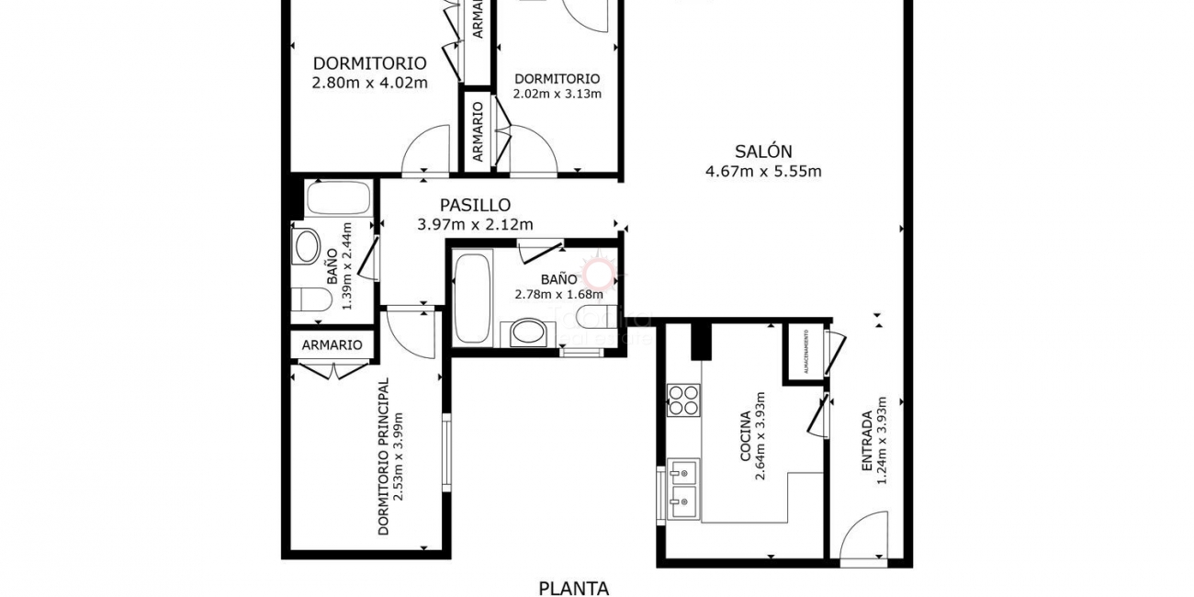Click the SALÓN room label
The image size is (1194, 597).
click(762, 152)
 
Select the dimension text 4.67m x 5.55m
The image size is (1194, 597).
click(762, 171)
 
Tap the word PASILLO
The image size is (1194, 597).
click(475, 206)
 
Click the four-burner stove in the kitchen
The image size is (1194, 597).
click(682, 401)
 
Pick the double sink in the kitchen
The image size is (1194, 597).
click(682, 488)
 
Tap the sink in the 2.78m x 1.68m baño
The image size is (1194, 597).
click(527, 332)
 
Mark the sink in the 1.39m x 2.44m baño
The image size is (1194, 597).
click(306, 246)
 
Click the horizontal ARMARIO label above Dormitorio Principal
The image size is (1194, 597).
click(332, 345)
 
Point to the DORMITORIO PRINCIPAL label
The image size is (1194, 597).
click(383, 456)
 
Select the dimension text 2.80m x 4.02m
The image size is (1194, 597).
click(369, 83)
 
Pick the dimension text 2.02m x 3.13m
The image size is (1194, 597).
click(557, 94)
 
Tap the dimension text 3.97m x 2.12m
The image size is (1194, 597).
click(475, 224)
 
